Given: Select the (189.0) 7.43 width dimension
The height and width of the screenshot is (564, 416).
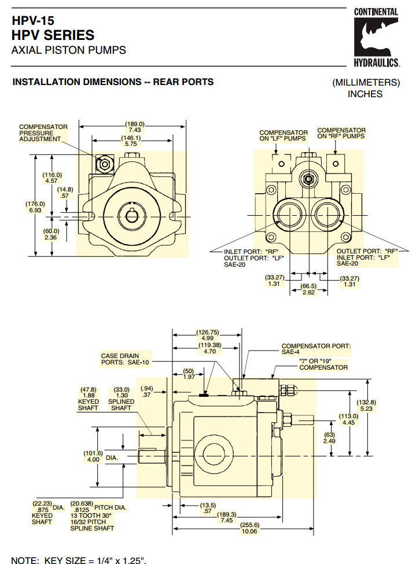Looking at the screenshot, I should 134,127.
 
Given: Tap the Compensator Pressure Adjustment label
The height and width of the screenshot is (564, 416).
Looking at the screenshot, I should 43,133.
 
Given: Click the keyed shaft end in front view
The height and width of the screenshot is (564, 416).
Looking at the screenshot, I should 132,216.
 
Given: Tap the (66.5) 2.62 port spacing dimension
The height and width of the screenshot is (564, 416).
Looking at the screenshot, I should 309,289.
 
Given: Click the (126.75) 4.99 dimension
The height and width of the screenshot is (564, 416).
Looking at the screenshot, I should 207,336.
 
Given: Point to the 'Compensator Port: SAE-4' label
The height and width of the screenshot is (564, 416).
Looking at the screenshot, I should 316,348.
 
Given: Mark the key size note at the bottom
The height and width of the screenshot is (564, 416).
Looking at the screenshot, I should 79,559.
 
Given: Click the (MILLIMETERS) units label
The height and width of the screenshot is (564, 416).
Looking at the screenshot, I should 366,82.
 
